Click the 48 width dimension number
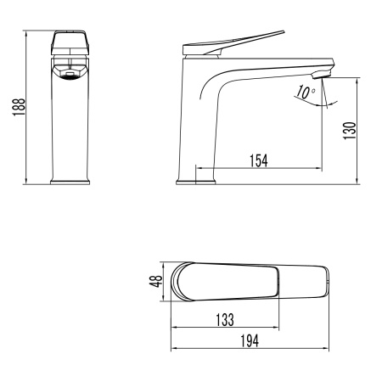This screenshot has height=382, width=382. (156, 281)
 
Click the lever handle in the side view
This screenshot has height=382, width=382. (246, 40)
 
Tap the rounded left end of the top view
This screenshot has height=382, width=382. (177, 281)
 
